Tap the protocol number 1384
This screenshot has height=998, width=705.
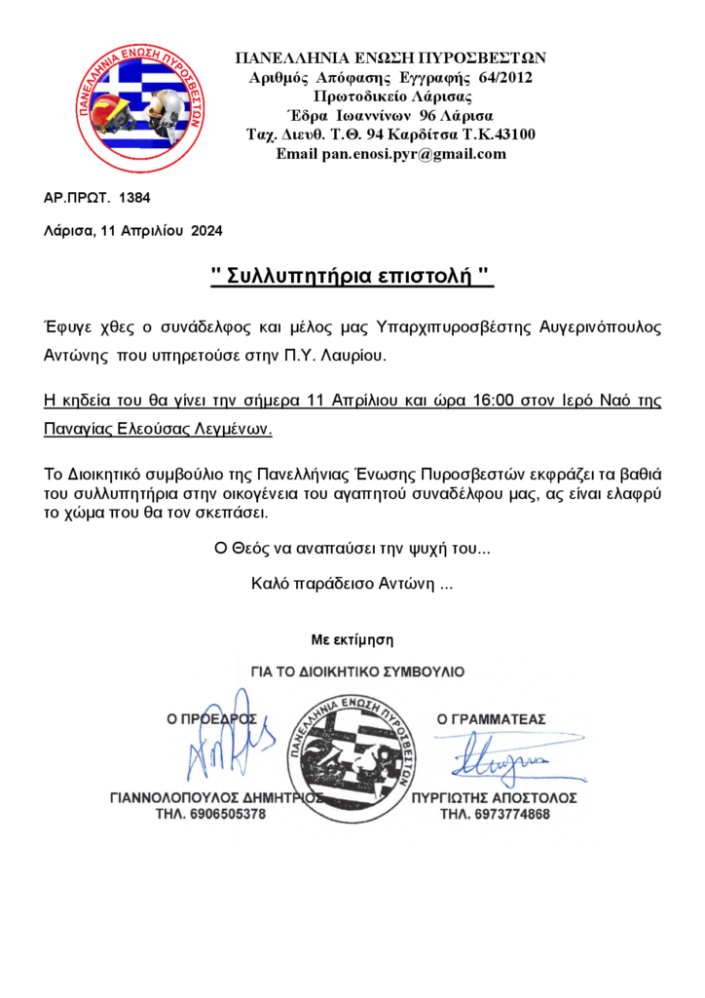[x=134, y=198]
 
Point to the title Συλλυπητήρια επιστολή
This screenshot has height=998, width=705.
[x=352, y=278]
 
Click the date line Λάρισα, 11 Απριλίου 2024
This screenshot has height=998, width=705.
[x=133, y=232]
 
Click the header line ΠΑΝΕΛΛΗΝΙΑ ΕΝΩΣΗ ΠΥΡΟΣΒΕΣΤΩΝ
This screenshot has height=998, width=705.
[x=391, y=58]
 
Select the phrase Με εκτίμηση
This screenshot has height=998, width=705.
[x=352, y=640]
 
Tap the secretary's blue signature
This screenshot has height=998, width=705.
[x=496, y=755]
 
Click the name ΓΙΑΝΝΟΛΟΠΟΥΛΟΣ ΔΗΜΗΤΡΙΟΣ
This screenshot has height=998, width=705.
[x=215, y=797]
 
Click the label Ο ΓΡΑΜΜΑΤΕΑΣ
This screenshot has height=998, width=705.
[x=492, y=719]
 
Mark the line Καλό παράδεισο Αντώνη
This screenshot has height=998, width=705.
[x=352, y=585]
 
